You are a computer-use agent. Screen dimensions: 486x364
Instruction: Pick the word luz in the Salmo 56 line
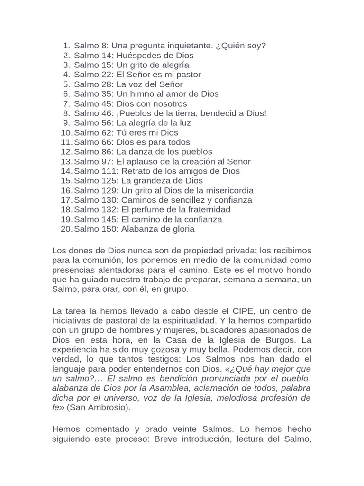[x=184, y=123]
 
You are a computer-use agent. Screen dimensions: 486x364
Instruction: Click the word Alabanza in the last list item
[x=138, y=229]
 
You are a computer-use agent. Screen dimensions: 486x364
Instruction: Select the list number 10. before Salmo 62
[x=66, y=132]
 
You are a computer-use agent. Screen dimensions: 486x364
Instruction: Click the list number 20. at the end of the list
[x=66, y=229]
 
